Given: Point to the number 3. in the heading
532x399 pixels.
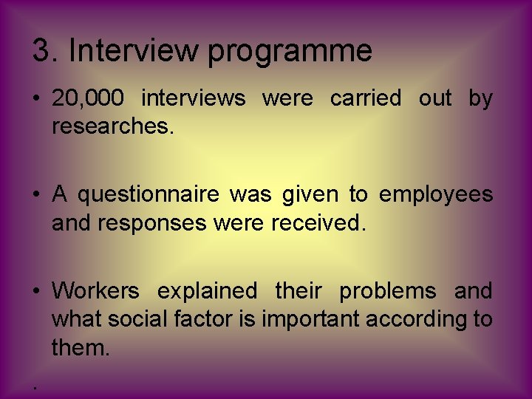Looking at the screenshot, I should click(47, 51).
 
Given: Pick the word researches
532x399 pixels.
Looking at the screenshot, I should click(113, 126).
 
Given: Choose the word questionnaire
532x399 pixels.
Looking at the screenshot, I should click(148, 194).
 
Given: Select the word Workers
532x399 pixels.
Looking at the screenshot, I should click(95, 291).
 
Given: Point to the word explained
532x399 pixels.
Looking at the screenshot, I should click(208, 292).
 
